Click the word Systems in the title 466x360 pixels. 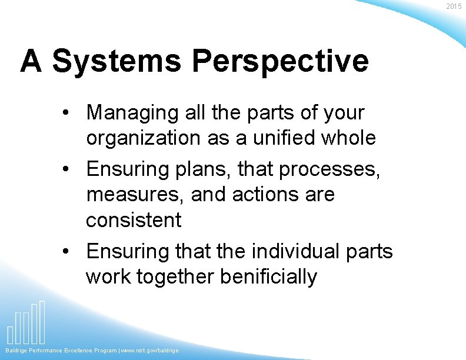pyautogui.click(x=116, y=61)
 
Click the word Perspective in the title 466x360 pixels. pyautogui.click(x=280, y=61)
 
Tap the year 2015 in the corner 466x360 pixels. pyautogui.click(x=454, y=6)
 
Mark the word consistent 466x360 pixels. pyautogui.click(x=134, y=220)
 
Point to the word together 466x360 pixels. pyautogui.click(x=175, y=276)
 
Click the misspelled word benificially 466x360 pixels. pyautogui.click(x=268, y=276)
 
